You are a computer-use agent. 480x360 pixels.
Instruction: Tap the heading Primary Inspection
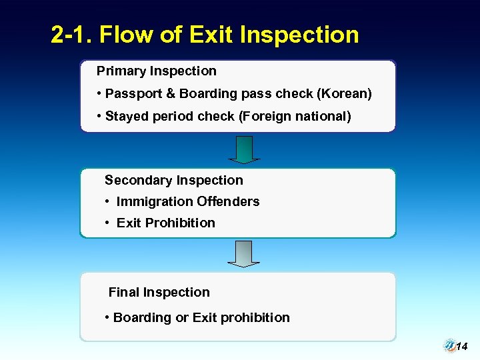pos(157,71)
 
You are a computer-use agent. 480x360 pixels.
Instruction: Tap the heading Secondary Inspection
pos(174,180)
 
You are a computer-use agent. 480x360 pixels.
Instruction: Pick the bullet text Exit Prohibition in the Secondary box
pos(165,223)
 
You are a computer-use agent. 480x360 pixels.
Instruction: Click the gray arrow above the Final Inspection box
pos(244,254)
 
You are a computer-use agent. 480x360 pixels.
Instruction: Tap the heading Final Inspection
pos(159,292)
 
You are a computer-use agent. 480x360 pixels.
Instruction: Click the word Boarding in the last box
pos(142,317)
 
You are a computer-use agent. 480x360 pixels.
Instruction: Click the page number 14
pos(463,347)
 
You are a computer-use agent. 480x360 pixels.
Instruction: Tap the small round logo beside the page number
pos(449,345)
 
